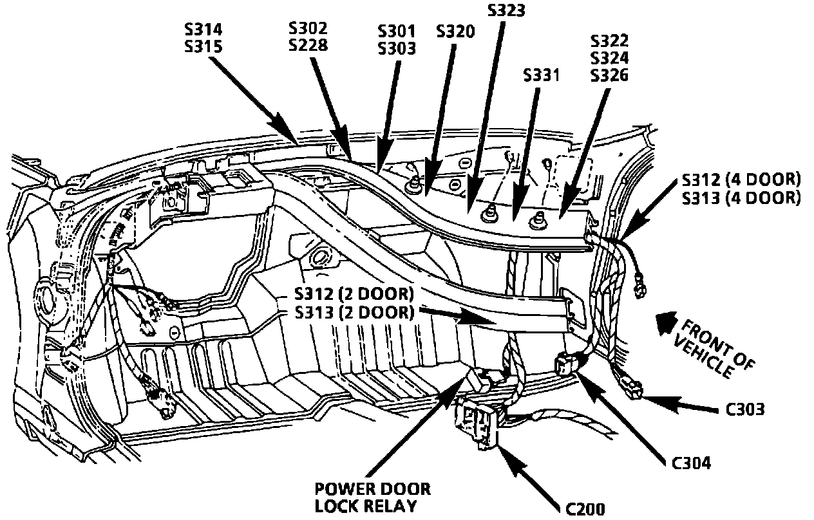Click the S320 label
pos(455,32)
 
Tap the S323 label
pos(507,10)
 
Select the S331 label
pos(542,75)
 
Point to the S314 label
pos(203,30)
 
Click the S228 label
pos(308,45)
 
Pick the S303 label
pos(397,48)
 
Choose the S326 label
pos(610,75)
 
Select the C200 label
pos(585,509)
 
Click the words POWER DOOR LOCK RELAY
pos(373,496)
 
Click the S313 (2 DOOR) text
pos(353,313)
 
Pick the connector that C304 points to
pos(565,366)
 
